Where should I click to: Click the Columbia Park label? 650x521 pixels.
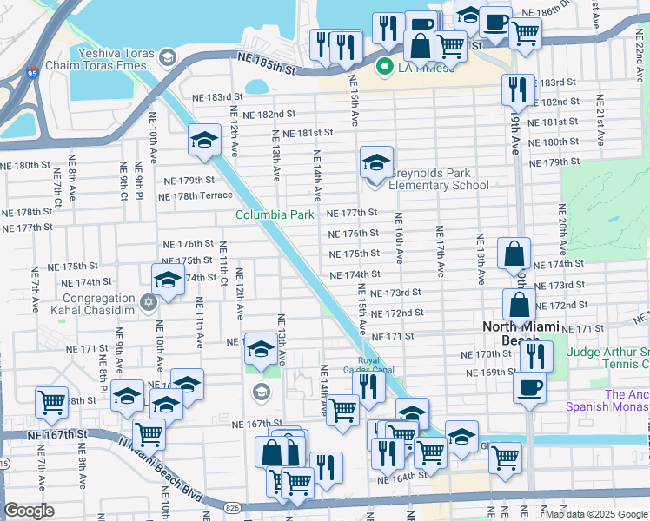274,214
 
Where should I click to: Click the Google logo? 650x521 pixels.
29,511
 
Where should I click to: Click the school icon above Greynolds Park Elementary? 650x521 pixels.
376,161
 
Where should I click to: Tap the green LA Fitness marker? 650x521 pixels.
382,66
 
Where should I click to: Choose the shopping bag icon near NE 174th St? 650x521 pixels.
514,253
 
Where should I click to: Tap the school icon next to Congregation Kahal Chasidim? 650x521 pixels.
167,279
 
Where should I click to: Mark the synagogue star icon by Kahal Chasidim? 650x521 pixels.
148,302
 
